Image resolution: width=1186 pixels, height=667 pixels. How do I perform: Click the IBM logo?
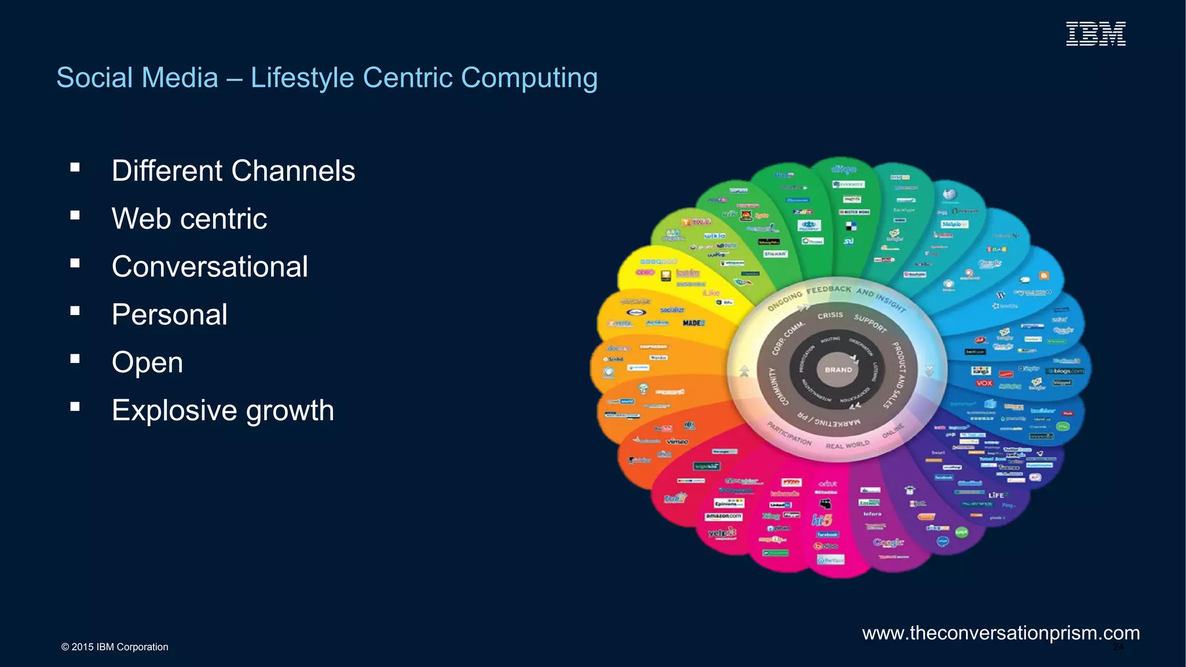pyautogui.click(x=1096, y=34)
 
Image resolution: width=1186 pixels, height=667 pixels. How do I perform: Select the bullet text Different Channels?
pyautogui.click(x=233, y=171)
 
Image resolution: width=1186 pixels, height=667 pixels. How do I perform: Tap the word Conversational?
pyautogui.click(x=210, y=267)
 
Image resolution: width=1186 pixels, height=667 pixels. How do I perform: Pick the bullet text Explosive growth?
pyautogui.click(x=223, y=411)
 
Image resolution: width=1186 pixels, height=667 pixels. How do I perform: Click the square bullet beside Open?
pyautogui.click(x=75, y=359)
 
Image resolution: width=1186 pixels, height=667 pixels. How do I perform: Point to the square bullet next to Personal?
pyautogui.click(x=75, y=311)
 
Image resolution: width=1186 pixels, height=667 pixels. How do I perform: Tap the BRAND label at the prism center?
pyautogui.click(x=838, y=369)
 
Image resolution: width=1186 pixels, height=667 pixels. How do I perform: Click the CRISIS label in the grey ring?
pyautogui.click(x=830, y=315)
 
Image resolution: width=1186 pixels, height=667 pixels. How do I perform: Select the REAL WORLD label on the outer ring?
pyautogui.click(x=847, y=445)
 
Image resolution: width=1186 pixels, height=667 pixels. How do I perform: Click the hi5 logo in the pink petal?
pyautogui.click(x=822, y=520)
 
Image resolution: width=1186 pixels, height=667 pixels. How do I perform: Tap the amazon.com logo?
pyautogui.click(x=723, y=516)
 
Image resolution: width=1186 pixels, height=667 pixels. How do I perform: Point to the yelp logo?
pyautogui.click(x=722, y=532)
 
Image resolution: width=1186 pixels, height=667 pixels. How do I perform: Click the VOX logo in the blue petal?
pyautogui.click(x=984, y=383)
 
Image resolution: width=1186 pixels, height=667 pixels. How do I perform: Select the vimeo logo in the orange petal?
pyautogui.click(x=677, y=442)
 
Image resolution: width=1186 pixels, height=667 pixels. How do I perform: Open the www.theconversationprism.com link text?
pyautogui.click(x=1001, y=633)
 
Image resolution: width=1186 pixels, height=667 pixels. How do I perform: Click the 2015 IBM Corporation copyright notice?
pyautogui.click(x=115, y=647)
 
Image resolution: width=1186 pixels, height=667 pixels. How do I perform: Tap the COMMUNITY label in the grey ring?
pyautogui.click(x=778, y=386)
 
